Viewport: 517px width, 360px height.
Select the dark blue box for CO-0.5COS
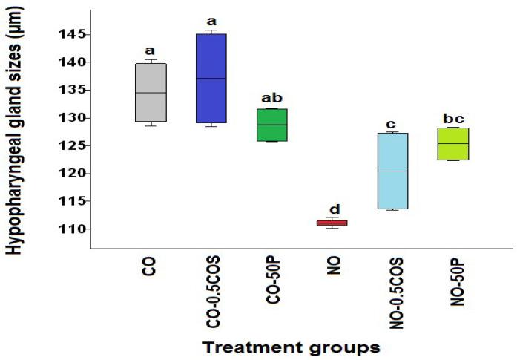[211, 78]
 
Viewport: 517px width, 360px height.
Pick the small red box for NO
[332, 223]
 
